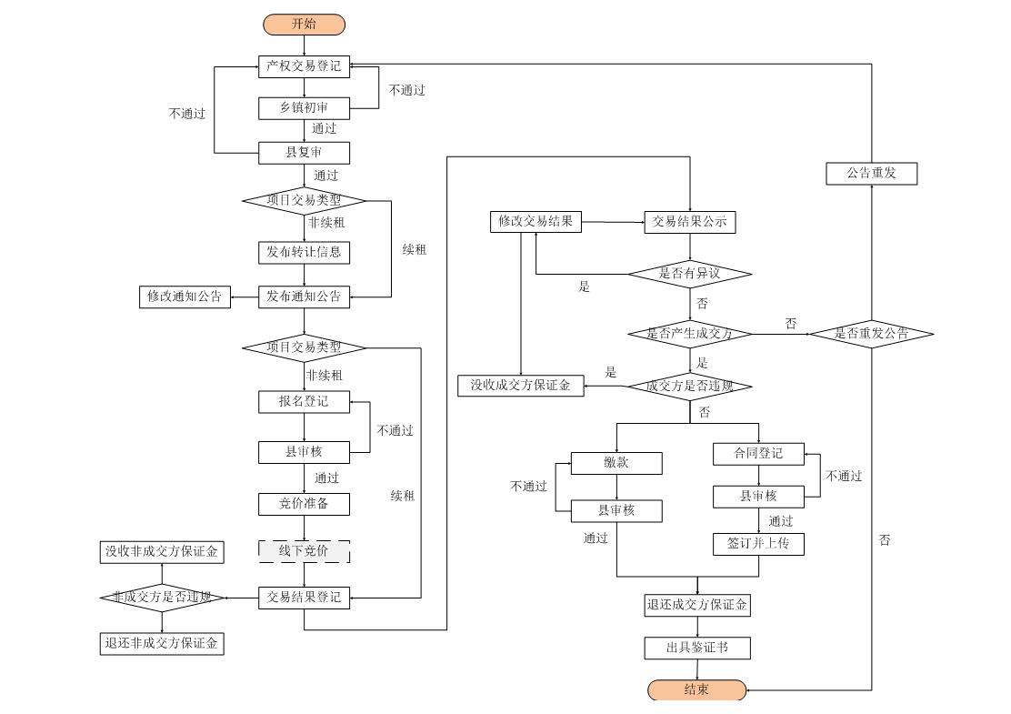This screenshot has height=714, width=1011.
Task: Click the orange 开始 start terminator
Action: [x=304, y=25]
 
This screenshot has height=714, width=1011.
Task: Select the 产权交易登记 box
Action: [x=304, y=66]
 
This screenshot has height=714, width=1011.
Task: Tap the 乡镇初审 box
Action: [x=304, y=108]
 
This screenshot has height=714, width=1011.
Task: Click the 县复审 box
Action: [x=304, y=153]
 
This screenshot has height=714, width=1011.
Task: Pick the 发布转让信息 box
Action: [x=304, y=252]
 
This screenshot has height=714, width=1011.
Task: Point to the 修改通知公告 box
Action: [x=185, y=297]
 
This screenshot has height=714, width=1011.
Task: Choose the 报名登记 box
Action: [x=304, y=402]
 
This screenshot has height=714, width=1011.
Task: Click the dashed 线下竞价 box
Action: [x=304, y=551]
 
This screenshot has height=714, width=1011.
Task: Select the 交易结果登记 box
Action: [x=304, y=598]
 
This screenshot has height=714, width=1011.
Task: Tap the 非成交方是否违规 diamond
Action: [x=162, y=598]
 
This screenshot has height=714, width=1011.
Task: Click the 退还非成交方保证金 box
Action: [x=162, y=644]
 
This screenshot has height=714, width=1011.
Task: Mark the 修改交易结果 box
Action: [x=536, y=222]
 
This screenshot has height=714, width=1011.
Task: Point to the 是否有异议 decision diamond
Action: [x=690, y=274]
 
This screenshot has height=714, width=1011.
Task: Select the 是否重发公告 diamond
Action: [x=872, y=334]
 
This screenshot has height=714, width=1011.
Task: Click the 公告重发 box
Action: [x=872, y=174]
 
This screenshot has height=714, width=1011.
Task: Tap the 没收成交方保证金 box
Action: [x=520, y=386]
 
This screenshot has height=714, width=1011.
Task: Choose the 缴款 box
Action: [x=616, y=463]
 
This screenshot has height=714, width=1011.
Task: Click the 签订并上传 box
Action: [x=758, y=545]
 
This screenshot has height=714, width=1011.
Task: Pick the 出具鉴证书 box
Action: [x=697, y=649]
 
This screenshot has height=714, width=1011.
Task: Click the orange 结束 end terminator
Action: [x=697, y=689]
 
